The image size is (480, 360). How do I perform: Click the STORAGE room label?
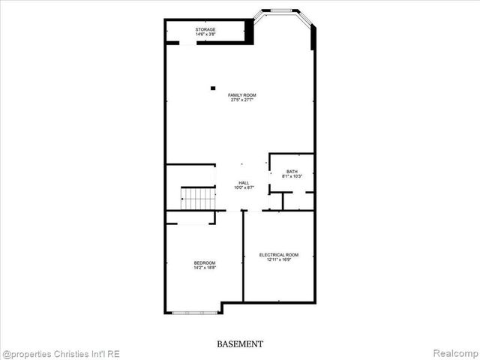coord(205,29)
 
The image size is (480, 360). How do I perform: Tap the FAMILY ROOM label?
coord(242,94)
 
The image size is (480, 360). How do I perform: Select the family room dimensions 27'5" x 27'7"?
coord(242,100)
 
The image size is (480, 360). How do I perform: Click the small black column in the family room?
coord(213,87)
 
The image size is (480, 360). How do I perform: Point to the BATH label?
coord(291,172)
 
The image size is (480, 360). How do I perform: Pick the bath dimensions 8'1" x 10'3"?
coord(291,176)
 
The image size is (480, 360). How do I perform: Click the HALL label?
coord(244,182)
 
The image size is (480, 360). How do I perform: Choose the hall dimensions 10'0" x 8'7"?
coord(244,187)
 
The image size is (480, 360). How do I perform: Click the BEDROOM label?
coord(204,262)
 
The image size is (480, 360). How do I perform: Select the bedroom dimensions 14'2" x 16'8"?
coord(204,268)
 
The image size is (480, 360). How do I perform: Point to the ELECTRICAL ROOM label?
coord(278,255)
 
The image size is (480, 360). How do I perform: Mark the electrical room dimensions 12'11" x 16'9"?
coord(278,260)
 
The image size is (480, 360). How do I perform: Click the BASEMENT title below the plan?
coord(240,344)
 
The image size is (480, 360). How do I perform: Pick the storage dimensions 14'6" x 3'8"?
coord(205,34)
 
